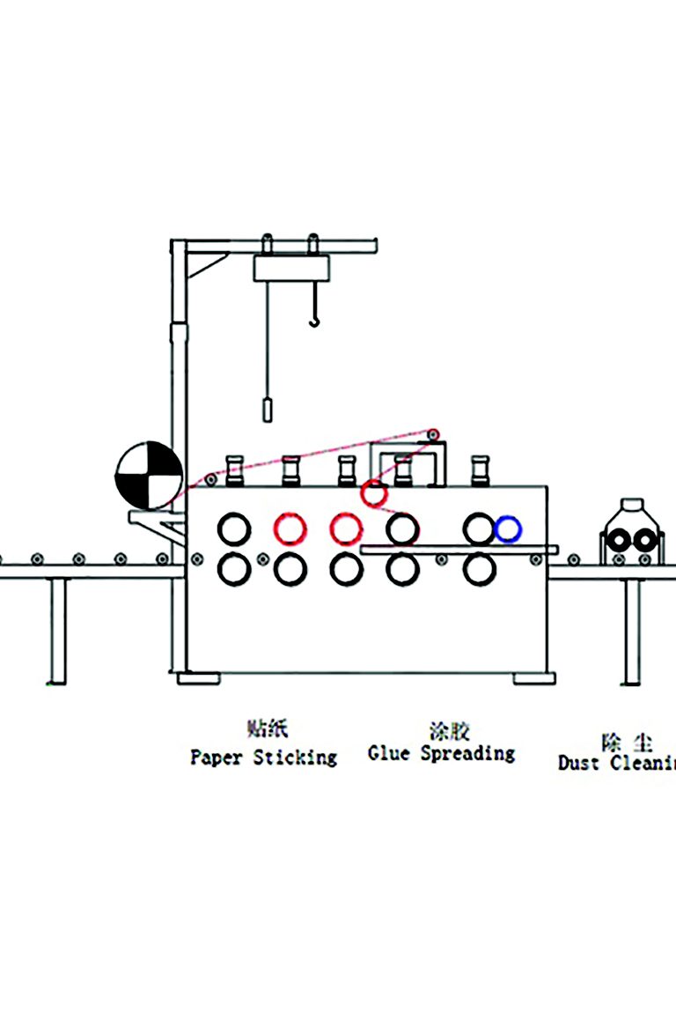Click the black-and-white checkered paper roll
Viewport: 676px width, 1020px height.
click(x=149, y=476)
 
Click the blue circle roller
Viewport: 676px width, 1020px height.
click(x=508, y=528)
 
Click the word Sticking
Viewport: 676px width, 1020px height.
click(x=296, y=757)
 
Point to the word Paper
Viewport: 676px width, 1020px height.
click(x=217, y=757)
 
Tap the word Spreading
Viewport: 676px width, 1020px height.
click(x=467, y=754)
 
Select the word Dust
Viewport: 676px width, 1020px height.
click(x=578, y=763)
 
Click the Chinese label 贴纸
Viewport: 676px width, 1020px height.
click(x=268, y=728)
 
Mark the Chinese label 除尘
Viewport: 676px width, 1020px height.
click(x=627, y=742)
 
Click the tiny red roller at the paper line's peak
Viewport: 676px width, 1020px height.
click(x=433, y=434)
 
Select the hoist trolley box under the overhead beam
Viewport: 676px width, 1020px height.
click(x=290, y=268)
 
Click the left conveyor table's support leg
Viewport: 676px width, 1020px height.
click(x=58, y=631)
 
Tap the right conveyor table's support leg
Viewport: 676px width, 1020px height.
click(x=632, y=631)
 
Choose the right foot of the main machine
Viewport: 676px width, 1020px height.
click(x=535, y=678)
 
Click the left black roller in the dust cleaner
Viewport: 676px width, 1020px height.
click(x=621, y=540)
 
